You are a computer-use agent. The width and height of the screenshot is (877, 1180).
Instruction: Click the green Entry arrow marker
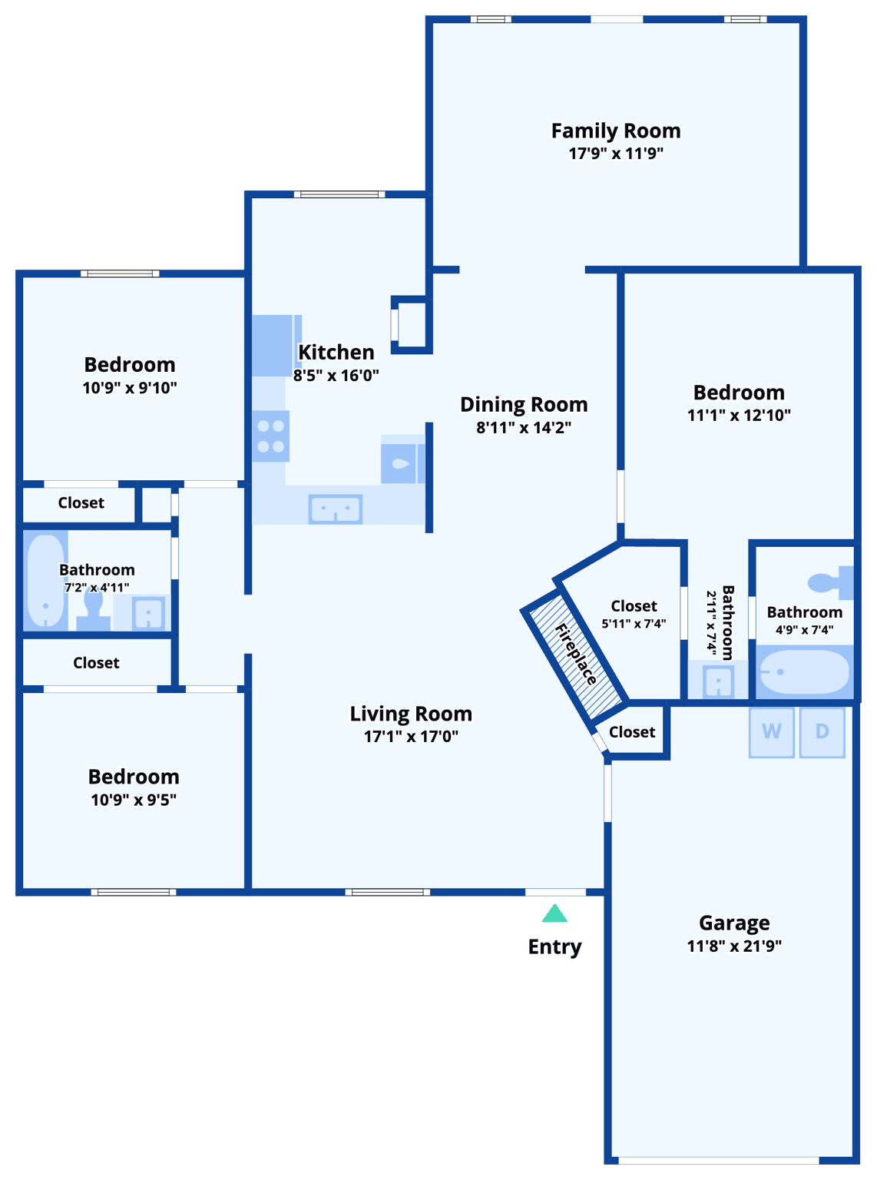coord(554,913)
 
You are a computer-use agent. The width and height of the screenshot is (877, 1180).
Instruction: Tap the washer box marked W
coord(772,731)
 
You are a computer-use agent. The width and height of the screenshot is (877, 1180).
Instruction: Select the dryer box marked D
coord(822,731)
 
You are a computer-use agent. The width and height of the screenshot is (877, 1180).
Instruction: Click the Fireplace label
coord(575,654)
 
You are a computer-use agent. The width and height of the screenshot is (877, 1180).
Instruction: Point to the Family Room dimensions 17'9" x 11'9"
coord(616,153)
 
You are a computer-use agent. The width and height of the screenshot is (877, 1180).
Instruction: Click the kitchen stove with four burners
coord(271,436)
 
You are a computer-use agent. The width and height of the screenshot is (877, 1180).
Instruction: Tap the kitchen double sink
coord(336,509)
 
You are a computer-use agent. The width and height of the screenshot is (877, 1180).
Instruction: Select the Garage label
coord(734,923)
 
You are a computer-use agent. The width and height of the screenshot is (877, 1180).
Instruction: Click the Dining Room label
coord(524,404)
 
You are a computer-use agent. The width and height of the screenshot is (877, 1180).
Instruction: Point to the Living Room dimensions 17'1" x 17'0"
coord(411,736)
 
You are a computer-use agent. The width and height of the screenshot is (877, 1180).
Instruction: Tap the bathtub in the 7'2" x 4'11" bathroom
coord(45,580)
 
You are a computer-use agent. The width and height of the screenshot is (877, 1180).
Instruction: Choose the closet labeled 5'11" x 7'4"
coord(634,614)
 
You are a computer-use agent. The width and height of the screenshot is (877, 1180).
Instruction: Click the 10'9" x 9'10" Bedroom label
coord(130,364)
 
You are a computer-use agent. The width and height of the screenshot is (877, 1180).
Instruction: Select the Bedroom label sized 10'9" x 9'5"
coord(134,777)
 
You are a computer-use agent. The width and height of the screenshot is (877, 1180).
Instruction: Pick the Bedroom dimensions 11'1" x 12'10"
coord(739,415)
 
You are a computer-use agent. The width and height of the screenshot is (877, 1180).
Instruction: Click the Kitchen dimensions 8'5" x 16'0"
coord(336,376)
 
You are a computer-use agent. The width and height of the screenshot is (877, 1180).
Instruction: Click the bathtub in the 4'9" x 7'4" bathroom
coord(804,672)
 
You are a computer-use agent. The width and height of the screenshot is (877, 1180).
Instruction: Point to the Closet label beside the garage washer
coord(632,732)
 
